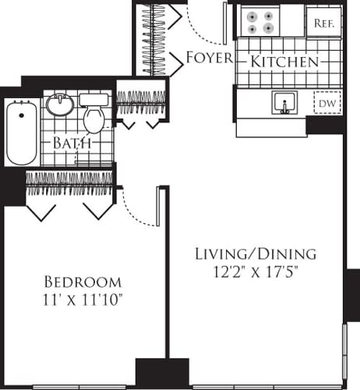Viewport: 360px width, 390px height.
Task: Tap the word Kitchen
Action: [284, 61]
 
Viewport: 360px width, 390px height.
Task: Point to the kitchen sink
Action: [285, 102]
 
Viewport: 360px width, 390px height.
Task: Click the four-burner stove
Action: [260, 21]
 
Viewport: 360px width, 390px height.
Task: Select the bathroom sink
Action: [58, 105]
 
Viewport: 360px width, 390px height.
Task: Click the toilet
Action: [94, 115]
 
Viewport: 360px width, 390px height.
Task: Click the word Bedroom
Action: [83, 282]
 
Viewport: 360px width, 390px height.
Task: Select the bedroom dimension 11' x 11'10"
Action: [83, 300]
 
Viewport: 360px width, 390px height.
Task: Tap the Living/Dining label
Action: [244, 254]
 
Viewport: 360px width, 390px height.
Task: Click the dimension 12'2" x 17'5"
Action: [244, 272]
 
